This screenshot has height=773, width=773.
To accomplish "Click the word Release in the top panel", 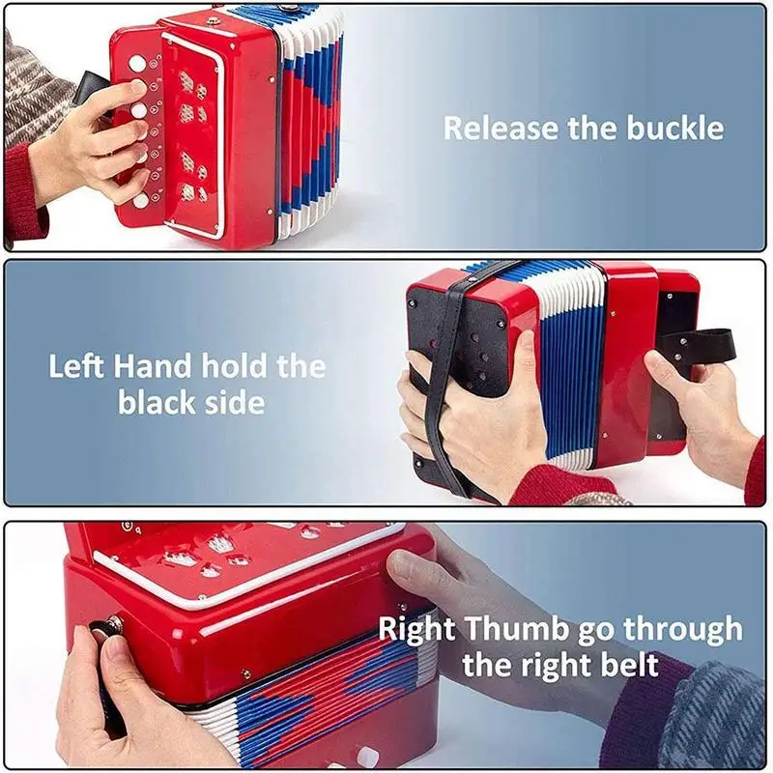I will (x=501, y=128).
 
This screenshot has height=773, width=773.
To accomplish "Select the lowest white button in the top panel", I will (x=141, y=200).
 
